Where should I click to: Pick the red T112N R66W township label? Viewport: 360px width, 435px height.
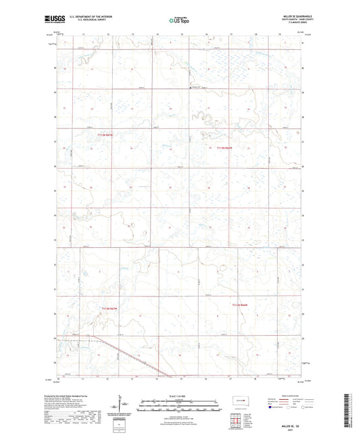pos(242,305)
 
